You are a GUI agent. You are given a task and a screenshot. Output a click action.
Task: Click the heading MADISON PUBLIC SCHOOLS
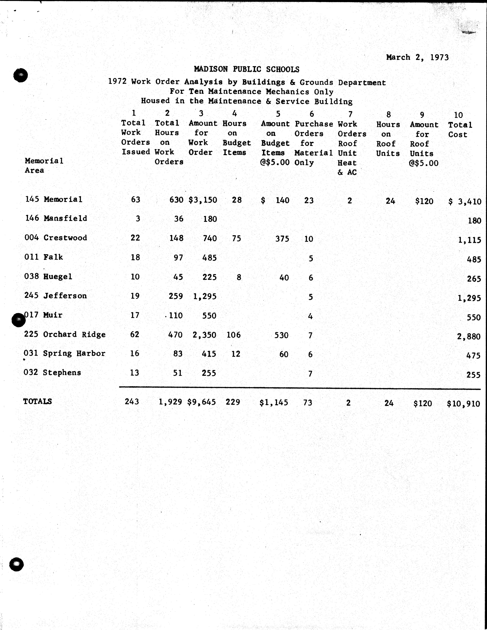click(x=247, y=69)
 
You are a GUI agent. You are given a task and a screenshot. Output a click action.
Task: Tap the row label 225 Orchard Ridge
click(x=65, y=334)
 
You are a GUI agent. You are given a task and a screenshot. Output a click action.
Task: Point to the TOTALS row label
click(x=38, y=401)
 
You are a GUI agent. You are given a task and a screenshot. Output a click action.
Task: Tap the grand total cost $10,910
click(x=463, y=404)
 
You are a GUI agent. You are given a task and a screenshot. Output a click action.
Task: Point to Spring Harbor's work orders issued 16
click(x=135, y=354)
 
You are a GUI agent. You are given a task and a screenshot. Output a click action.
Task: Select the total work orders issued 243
click(x=132, y=402)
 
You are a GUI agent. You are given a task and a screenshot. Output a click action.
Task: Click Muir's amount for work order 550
click(x=209, y=316)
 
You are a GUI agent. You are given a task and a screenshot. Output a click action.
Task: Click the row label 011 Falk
click(x=44, y=257)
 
